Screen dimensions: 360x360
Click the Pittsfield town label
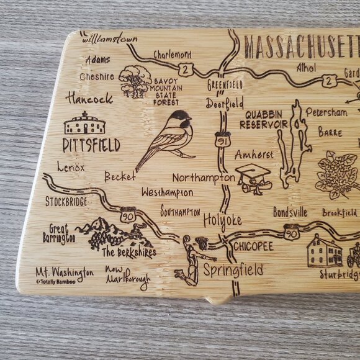91,146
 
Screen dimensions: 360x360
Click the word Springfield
233,270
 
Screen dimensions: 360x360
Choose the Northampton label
204,178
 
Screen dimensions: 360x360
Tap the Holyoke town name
222,219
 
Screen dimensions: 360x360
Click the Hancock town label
90,98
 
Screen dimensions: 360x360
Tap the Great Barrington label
60,234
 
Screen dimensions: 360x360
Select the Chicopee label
253,246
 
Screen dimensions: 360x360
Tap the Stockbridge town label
66,202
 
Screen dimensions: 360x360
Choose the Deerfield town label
225,104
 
